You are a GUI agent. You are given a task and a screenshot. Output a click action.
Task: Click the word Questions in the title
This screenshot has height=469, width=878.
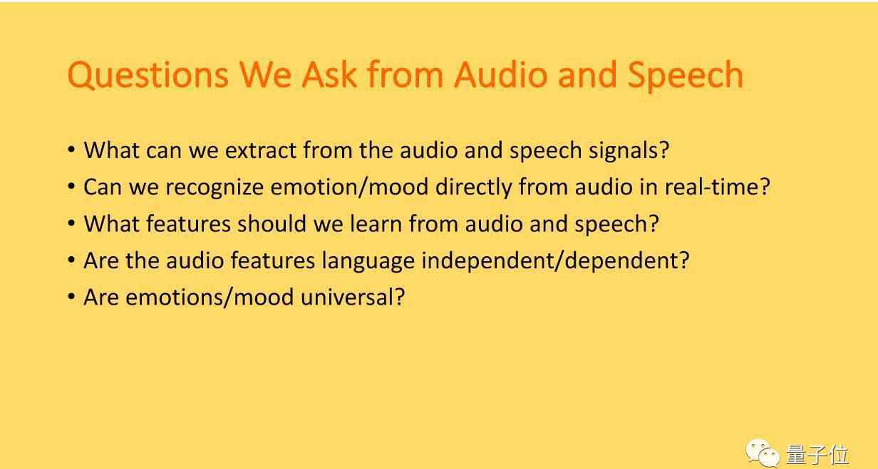148,75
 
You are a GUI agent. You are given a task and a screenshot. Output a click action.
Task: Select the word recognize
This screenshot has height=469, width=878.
215,187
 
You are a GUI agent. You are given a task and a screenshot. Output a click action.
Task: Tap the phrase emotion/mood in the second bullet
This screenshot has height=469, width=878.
349,186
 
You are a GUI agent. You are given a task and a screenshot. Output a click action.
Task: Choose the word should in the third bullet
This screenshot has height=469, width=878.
272,224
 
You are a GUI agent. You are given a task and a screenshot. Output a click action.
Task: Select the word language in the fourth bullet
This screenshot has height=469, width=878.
368,261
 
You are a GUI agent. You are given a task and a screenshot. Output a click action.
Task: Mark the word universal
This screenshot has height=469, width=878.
352,297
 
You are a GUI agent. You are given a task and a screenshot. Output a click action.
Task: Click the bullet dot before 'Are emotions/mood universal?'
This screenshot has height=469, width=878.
71,296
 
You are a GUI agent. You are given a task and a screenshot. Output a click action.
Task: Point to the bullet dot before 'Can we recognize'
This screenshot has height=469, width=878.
71,186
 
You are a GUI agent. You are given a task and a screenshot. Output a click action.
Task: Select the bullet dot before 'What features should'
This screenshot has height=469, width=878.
71,223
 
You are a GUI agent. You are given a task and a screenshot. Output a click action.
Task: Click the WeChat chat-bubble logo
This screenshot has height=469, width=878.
763,453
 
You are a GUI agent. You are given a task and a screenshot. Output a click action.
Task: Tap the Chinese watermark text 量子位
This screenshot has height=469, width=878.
817,455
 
